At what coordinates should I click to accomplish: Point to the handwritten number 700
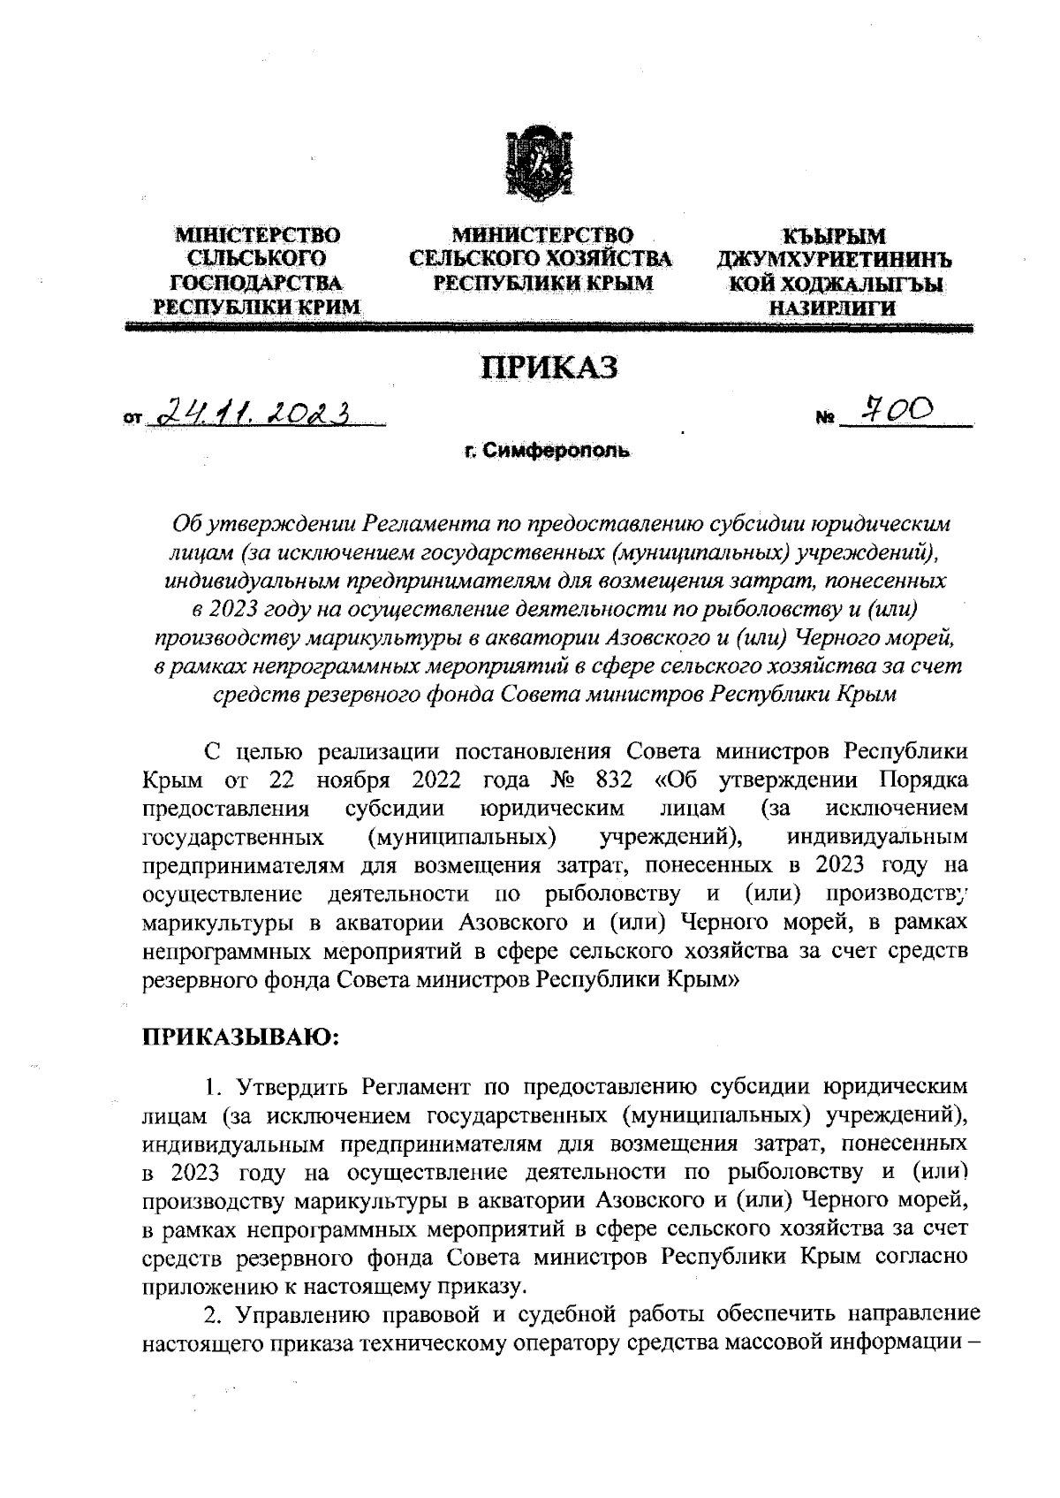click(x=897, y=408)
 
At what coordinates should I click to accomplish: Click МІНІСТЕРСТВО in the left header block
click(x=258, y=236)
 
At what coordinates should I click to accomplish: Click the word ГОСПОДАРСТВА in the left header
click(x=258, y=283)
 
